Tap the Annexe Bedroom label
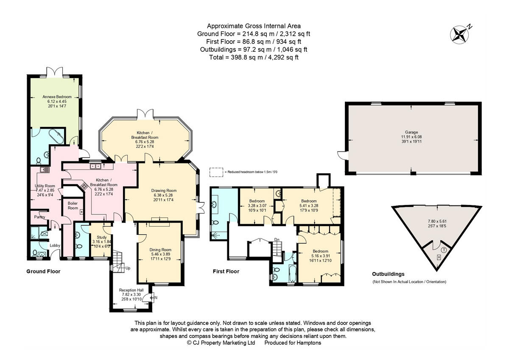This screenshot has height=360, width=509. tap(57, 97)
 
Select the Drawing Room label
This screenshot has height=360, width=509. tap(164, 191)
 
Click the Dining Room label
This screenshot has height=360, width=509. tap(160, 250)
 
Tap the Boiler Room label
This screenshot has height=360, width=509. tap(73, 205)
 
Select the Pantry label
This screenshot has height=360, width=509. tap(40, 217)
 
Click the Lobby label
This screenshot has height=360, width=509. tap(55, 245)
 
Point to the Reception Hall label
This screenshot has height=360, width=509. tap(131, 290)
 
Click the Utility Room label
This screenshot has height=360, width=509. tap(45, 186)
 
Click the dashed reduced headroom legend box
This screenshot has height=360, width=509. tap(216, 172)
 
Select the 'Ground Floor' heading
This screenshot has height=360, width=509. tap(43, 271)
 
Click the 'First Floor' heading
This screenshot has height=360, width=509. tap(226, 271)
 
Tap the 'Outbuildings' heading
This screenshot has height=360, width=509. tap(388, 274)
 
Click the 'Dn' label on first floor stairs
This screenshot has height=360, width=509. tap(277, 239)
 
